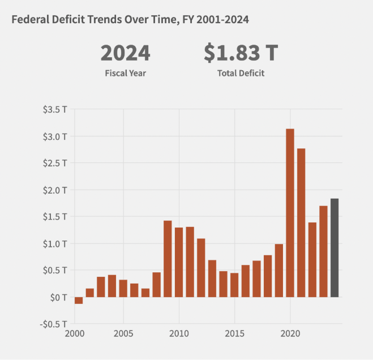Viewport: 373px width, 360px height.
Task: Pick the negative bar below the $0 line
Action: point(79,301)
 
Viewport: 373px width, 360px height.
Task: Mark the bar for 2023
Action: point(323,251)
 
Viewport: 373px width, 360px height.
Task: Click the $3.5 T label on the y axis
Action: point(55,109)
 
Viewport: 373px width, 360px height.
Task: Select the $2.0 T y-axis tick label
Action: point(55,190)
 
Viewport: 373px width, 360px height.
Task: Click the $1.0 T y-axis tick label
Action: point(55,243)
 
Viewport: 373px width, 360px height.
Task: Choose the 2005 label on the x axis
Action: point(123,333)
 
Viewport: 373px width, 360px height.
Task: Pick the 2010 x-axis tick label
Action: point(179,333)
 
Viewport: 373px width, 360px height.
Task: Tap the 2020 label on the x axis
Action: point(290,333)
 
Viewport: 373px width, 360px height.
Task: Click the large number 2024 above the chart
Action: point(125,53)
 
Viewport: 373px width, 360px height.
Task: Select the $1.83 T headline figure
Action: point(241,53)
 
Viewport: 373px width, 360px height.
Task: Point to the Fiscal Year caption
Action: point(125,74)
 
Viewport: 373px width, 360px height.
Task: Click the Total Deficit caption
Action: point(241,74)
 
